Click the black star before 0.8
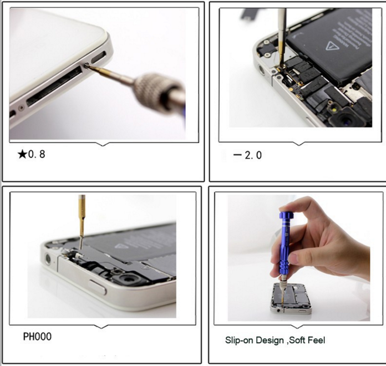click(22, 155)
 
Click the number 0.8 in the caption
click(37, 154)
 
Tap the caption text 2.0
click(253, 155)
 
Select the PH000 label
click(37, 337)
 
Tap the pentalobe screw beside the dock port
click(87, 65)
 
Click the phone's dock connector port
click(54, 85)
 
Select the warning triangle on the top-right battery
click(331, 46)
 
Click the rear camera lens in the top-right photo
click(345, 119)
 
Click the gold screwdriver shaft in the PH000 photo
click(82, 220)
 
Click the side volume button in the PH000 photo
click(98, 287)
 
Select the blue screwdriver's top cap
click(286, 215)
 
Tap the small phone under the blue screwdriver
click(291, 298)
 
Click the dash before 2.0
click(237, 155)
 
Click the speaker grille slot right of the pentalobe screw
click(99, 57)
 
